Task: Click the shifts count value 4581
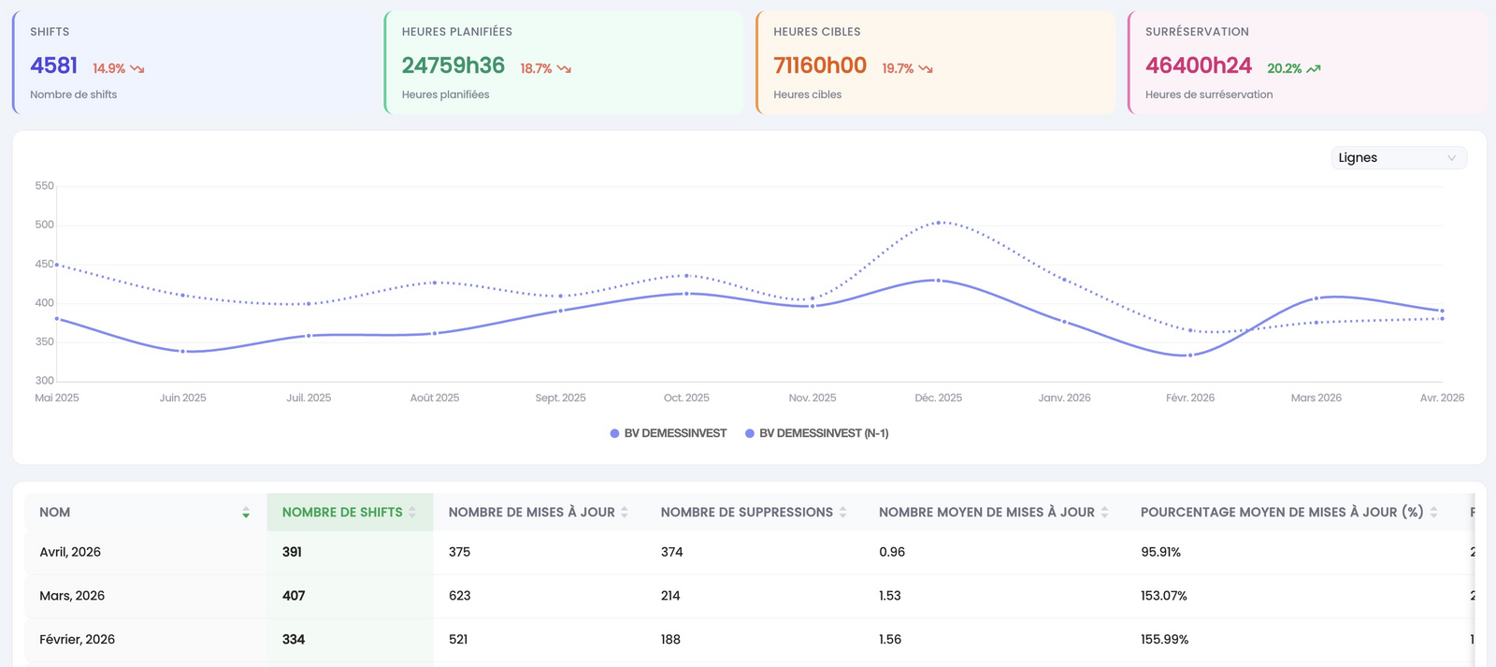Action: point(53,65)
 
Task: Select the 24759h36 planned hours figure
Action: point(453,65)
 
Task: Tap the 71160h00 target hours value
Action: point(819,65)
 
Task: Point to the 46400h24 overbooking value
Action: point(1198,65)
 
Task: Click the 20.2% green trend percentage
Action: point(1284,68)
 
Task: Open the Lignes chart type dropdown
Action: point(1399,158)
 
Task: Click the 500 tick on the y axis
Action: point(44,225)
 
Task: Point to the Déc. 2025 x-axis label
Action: point(939,398)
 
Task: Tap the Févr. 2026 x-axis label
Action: point(1190,398)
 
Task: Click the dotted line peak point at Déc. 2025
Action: point(939,223)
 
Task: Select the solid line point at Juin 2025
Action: point(183,351)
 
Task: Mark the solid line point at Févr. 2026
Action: point(1190,355)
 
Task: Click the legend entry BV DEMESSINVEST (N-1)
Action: point(816,433)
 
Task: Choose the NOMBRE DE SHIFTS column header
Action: point(342,512)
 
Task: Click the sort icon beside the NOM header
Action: point(246,513)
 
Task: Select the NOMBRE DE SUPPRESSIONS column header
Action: point(747,512)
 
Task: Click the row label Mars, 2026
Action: point(72,596)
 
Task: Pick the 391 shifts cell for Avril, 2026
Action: point(292,552)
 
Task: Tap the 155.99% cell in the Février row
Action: point(1164,640)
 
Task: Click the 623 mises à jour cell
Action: point(459,596)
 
